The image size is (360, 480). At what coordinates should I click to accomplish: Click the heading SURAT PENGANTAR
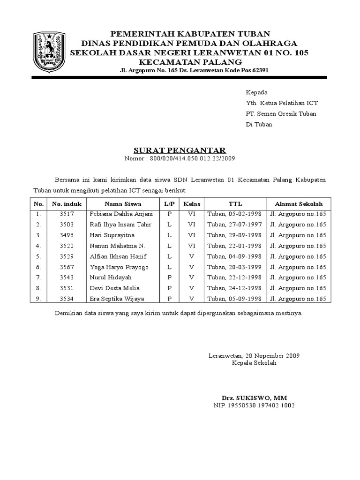(x=180, y=150)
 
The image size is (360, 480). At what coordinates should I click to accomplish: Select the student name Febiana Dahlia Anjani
(x=121, y=214)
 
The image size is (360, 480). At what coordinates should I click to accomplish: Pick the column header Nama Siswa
(x=123, y=204)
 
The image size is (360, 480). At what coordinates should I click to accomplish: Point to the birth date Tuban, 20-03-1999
(x=234, y=267)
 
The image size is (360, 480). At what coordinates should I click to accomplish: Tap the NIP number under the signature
(x=254, y=405)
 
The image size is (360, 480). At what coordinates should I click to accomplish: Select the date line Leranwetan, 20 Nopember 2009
(x=254, y=355)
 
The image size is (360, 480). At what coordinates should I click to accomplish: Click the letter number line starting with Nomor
(x=180, y=158)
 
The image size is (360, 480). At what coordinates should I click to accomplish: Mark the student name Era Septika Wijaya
(x=117, y=299)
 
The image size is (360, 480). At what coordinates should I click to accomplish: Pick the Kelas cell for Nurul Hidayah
(x=191, y=277)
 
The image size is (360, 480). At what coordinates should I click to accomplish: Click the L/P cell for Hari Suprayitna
(x=169, y=235)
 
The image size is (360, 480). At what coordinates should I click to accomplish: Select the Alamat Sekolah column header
(x=299, y=204)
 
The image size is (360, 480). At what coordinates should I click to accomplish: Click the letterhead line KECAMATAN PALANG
(x=190, y=62)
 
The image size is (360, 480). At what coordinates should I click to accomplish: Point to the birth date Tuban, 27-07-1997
(x=234, y=225)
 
